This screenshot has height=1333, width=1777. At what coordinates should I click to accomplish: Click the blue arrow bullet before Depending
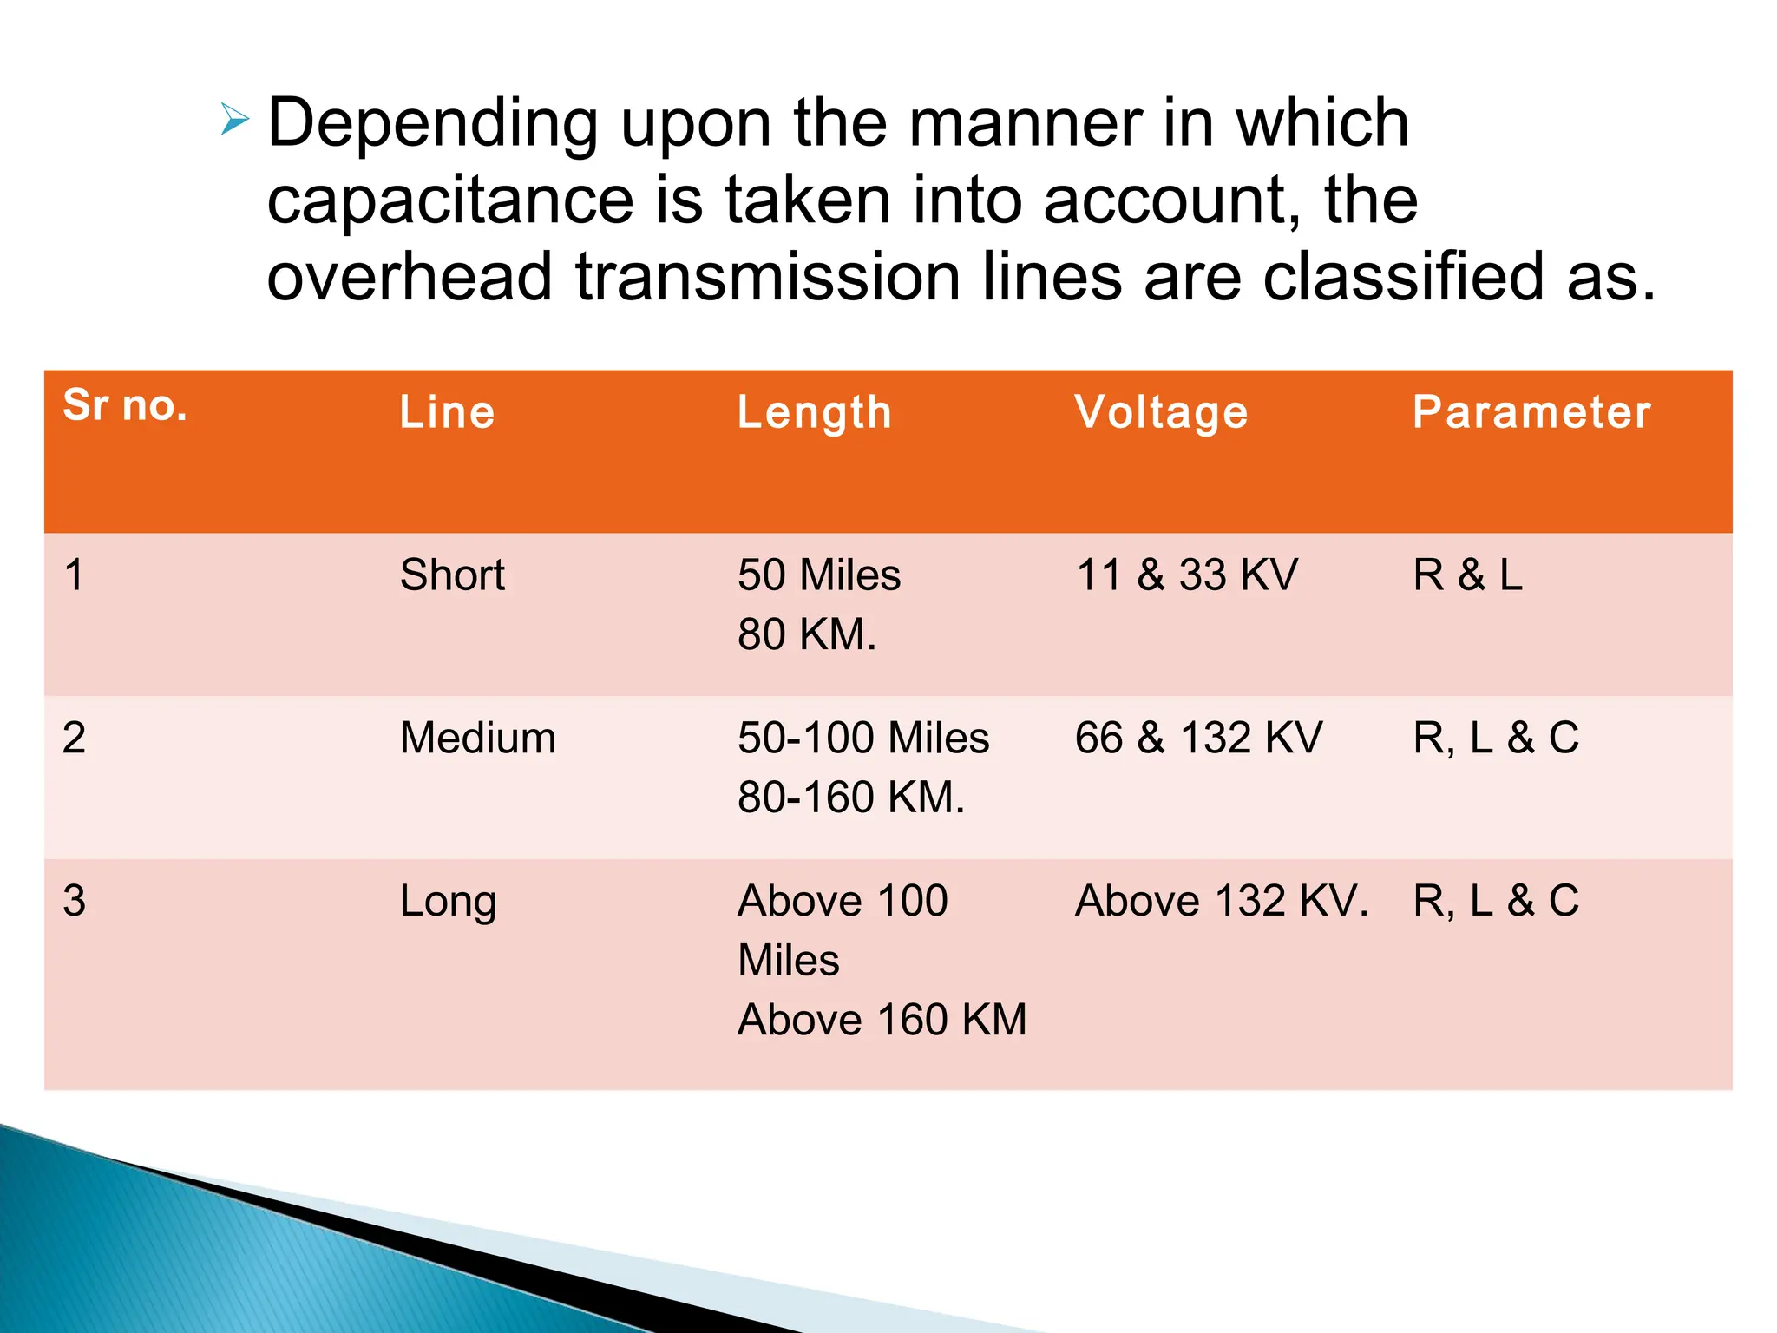(x=234, y=119)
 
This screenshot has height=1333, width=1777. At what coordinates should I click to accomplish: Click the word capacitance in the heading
(x=449, y=200)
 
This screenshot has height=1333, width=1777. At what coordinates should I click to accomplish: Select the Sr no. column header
(x=125, y=405)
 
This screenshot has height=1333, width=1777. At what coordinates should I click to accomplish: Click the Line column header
(x=447, y=412)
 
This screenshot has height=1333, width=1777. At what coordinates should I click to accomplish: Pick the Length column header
(x=814, y=412)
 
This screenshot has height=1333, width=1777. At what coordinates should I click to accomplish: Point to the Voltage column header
(x=1161, y=412)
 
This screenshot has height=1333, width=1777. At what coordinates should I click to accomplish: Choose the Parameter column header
(x=1531, y=412)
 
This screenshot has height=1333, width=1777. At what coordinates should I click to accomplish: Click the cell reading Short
(x=452, y=575)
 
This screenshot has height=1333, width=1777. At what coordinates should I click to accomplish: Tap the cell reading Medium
(x=477, y=739)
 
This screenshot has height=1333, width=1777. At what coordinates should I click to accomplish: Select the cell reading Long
(x=448, y=902)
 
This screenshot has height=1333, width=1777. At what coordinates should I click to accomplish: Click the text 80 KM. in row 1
(x=807, y=634)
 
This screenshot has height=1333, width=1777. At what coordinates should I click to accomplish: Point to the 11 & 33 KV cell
(x=1187, y=575)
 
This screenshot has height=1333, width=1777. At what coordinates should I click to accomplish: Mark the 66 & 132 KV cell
(x=1198, y=739)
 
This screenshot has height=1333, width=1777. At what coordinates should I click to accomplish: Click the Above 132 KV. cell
(x=1222, y=902)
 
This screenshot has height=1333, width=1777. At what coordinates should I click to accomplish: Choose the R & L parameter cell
(x=1467, y=575)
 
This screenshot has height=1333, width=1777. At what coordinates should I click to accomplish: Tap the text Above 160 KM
(x=882, y=1020)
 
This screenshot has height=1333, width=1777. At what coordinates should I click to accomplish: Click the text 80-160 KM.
(x=850, y=798)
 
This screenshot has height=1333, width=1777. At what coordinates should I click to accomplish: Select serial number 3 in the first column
(x=75, y=902)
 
